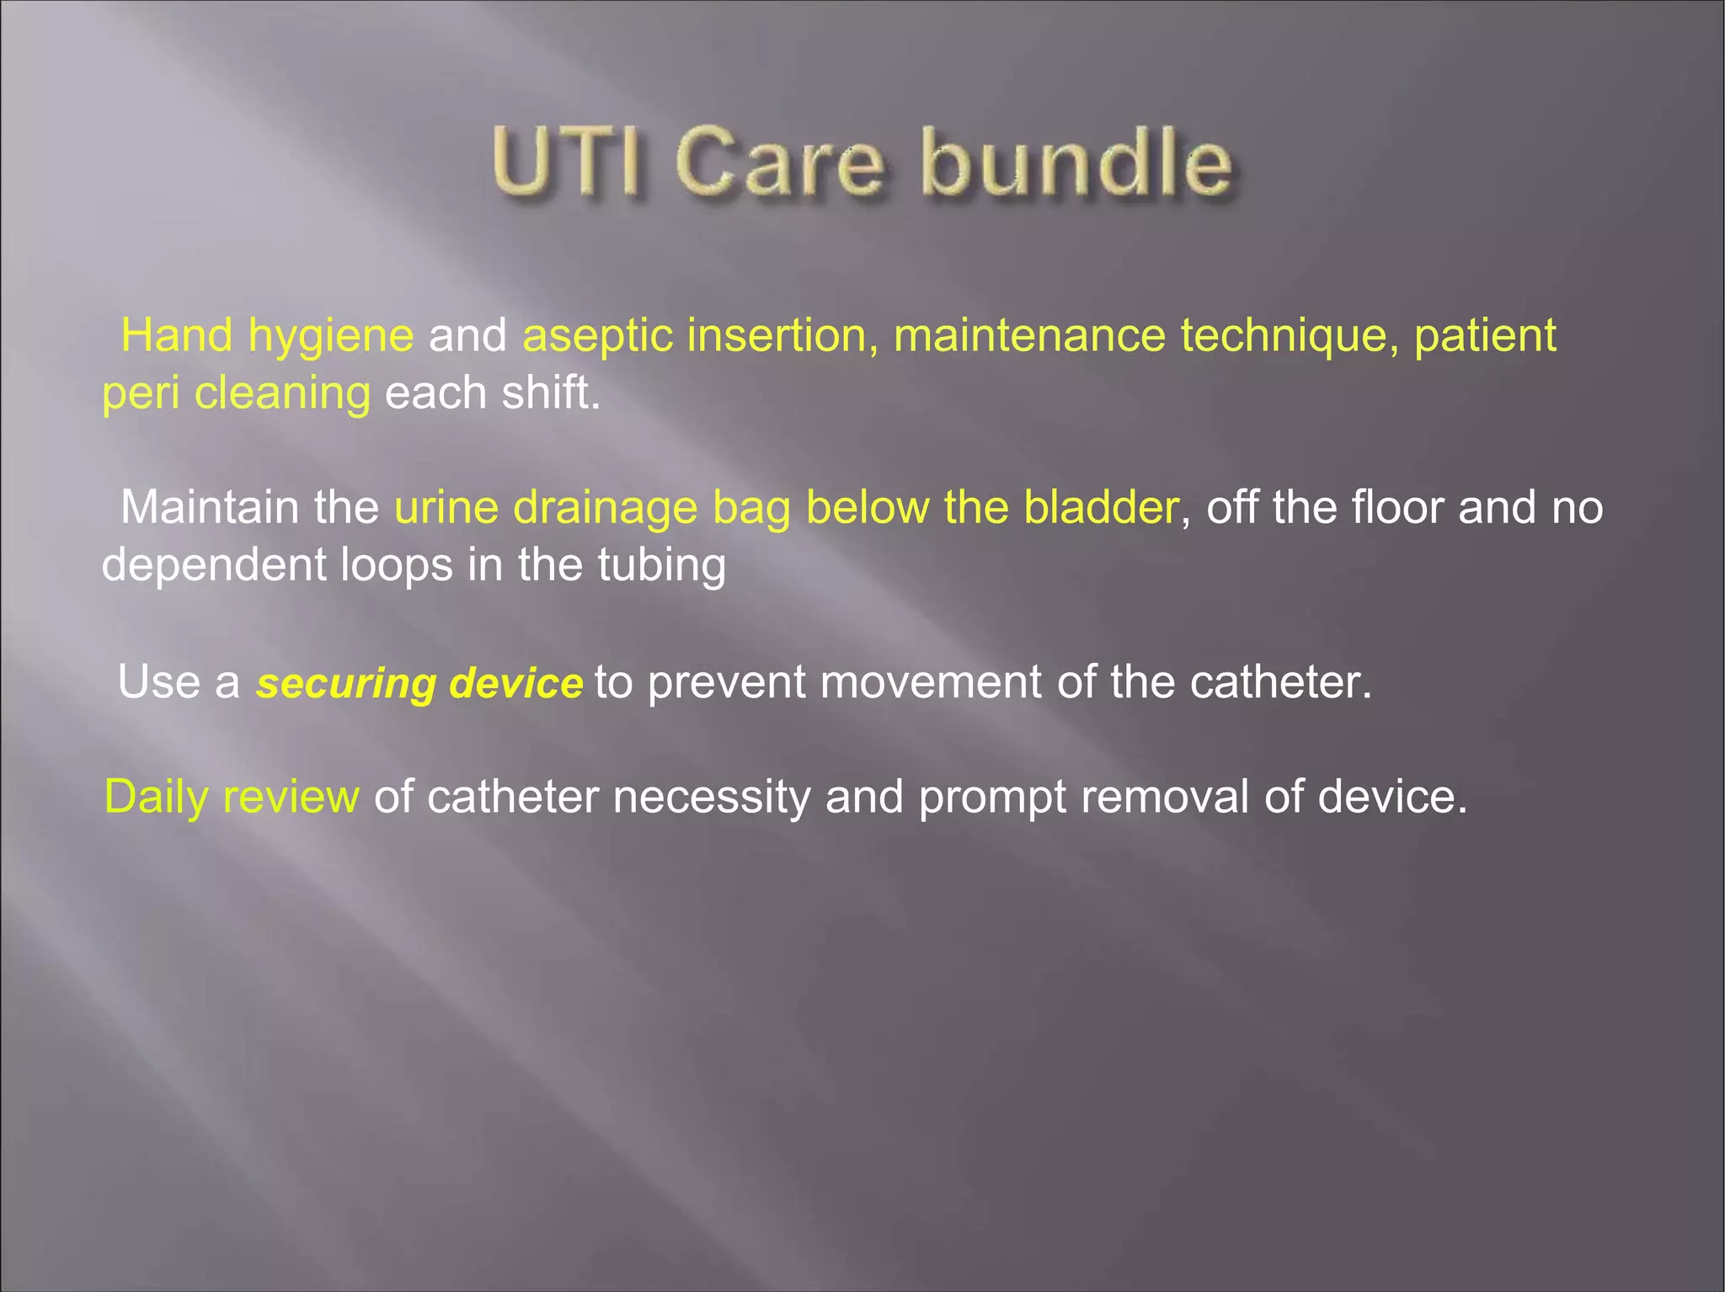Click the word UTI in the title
tap(569, 162)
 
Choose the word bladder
tap(1100, 508)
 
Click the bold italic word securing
tap(346, 684)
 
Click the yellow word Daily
tap(157, 798)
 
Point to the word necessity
tap(712, 798)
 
